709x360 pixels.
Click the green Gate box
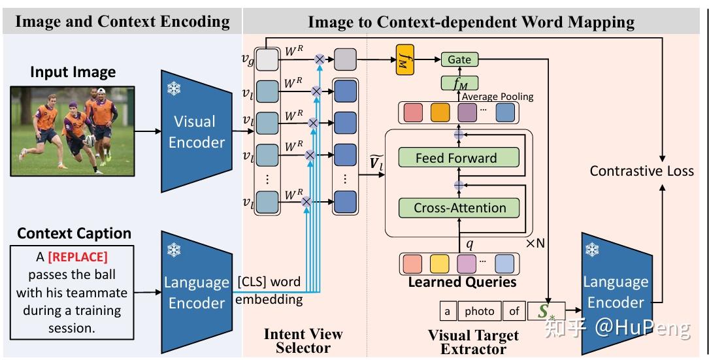click(x=459, y=59)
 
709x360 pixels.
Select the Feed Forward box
click(x=456, y=157)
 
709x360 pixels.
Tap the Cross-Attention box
click(x=459, y=208)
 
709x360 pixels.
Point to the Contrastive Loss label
click(x=642, y=171)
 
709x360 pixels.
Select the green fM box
click(x=459, y=83)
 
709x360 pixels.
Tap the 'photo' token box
click(x=479, y=312)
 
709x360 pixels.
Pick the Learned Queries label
click(x=462, y=282)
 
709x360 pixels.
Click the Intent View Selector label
click(x=303, y=340)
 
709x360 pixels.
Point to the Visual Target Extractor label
click(x=473, y=342)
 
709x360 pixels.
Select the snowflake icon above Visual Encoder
click(x=174, y=90)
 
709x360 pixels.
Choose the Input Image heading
click(x=73, y=72)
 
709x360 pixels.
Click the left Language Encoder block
click(x=195, y=292)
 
